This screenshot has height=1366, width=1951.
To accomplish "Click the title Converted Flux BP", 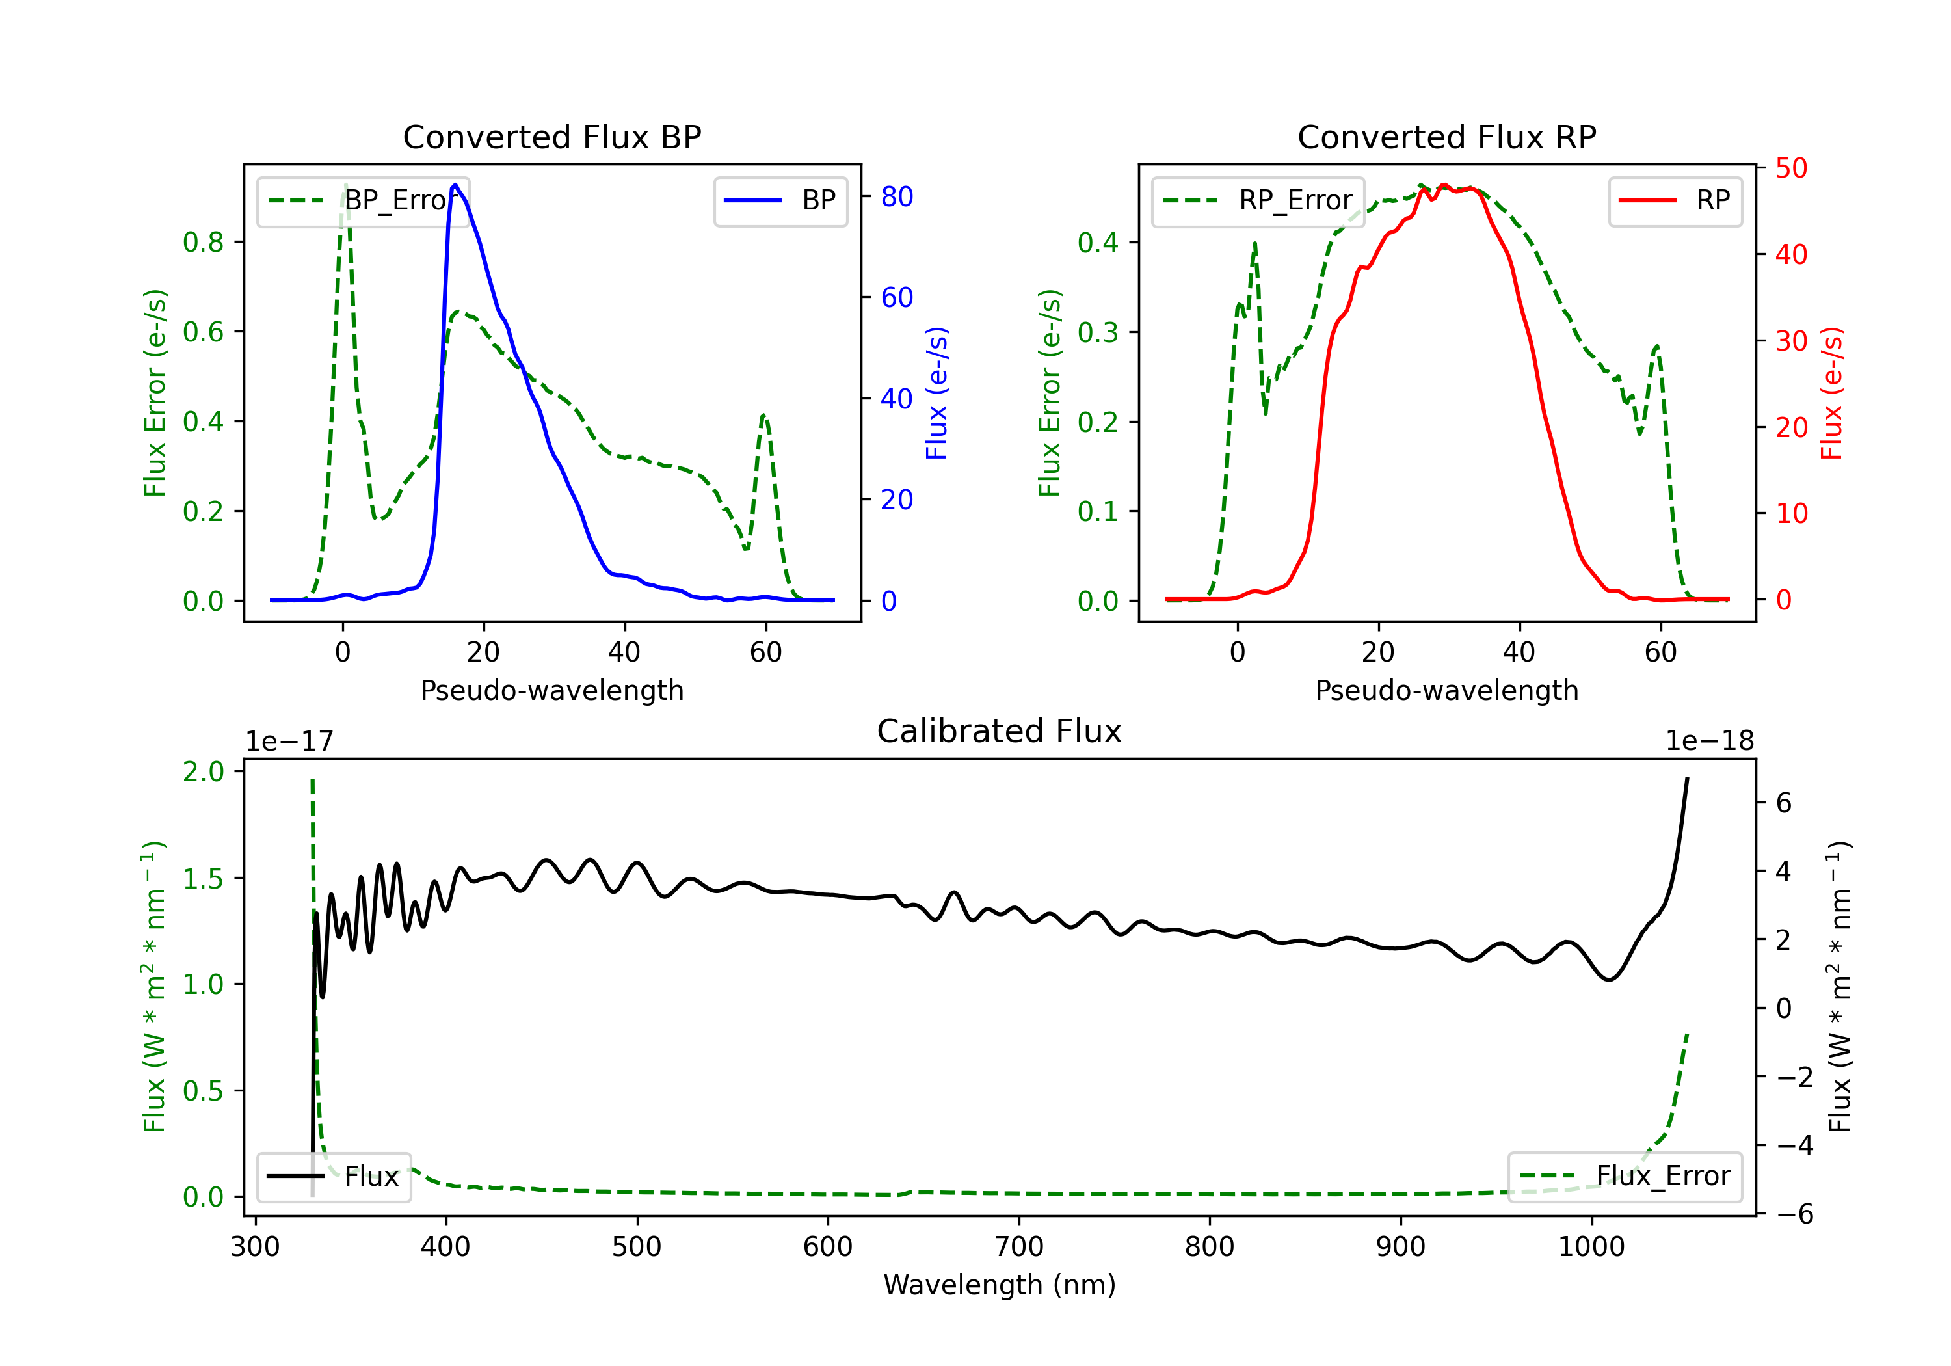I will (x=551, y=137).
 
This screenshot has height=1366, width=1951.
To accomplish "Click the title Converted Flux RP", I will (x=1446, y=137).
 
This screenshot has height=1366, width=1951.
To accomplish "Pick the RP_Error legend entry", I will (x=1258, y=200).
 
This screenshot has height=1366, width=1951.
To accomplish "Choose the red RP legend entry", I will (x=1675, y=200).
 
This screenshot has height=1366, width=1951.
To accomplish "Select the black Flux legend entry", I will (x=334, y=1177).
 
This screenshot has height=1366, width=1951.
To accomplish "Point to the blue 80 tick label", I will (x=896, y=197).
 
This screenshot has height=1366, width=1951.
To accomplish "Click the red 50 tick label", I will (x=1791, y=168).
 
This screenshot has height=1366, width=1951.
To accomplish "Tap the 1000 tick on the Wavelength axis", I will (x=1591, y=1247).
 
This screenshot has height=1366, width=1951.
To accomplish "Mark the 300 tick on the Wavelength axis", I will (x=255, y=1247).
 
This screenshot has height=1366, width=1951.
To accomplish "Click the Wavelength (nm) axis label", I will (x=1000, y=1285).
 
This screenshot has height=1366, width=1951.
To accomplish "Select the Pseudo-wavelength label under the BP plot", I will (x=551, y=690).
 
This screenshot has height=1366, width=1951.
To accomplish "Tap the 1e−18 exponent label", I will (x=1709, y=742).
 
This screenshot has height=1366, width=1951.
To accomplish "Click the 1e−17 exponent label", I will (x=290, y=742).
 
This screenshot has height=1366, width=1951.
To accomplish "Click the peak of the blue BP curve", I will (x=455, y=185).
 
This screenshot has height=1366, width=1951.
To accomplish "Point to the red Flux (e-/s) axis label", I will (x=1831, y=393).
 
